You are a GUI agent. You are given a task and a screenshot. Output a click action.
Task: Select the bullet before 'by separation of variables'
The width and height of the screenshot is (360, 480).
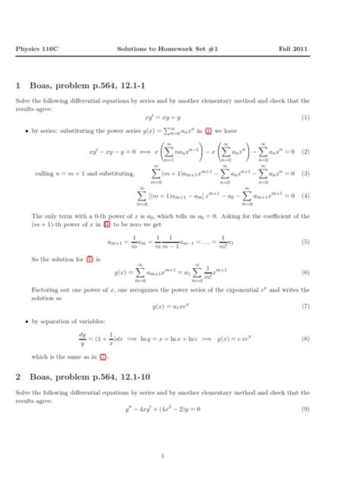point(26,322)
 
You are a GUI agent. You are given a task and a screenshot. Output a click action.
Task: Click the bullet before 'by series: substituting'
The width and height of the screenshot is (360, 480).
point(26,130)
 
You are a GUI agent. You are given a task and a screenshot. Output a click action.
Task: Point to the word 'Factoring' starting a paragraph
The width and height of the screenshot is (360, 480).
point(44,289)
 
